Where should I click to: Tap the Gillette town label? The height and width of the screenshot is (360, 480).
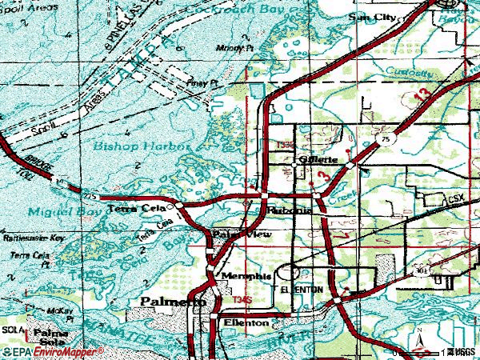(x=318, y=159)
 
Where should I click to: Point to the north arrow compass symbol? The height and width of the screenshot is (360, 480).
(x=418, y=341)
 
